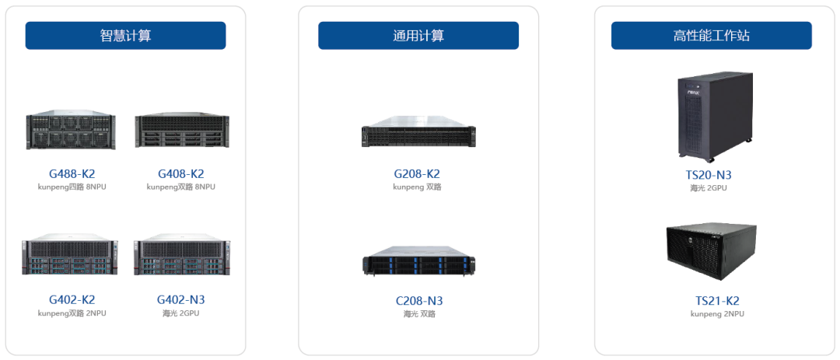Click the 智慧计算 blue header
125,35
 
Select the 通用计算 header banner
418,35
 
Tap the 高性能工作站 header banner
712,35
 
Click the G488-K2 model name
72,173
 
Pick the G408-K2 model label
181,173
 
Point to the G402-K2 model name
72,299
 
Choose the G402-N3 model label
181,299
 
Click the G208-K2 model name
417,173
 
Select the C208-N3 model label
419,301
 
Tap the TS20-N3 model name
709,175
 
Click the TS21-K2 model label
717,301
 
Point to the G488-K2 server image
72,130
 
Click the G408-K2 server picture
182,130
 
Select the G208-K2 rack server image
418,132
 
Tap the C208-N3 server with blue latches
418,261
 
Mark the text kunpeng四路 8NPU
72,187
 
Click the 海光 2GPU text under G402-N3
181,313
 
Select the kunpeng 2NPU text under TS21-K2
717,314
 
